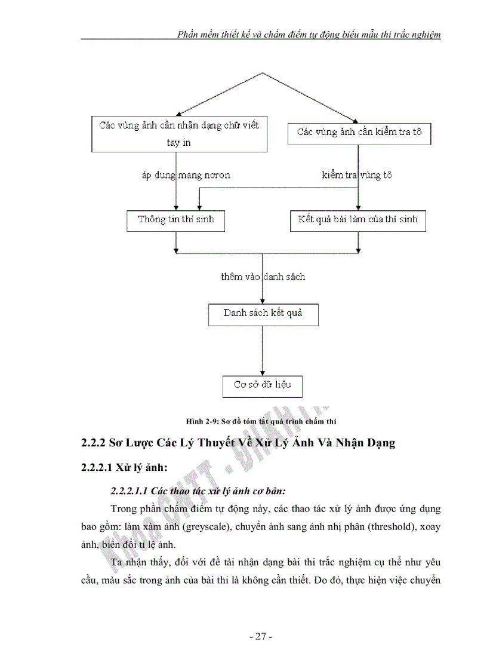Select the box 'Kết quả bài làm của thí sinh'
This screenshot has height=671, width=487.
pos(358,220)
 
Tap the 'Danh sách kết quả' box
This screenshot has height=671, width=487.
pos(263,314)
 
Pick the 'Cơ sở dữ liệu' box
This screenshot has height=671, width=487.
pos(263,385)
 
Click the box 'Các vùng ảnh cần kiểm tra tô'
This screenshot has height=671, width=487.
pos(359,133)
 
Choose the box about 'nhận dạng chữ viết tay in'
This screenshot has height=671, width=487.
pos(179,134)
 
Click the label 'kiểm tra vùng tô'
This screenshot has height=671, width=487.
pos(357,176)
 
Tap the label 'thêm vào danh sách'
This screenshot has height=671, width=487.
pos(263,277)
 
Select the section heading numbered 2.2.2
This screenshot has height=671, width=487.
pos(238,444)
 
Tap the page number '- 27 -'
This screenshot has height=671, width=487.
pos(261,636)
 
